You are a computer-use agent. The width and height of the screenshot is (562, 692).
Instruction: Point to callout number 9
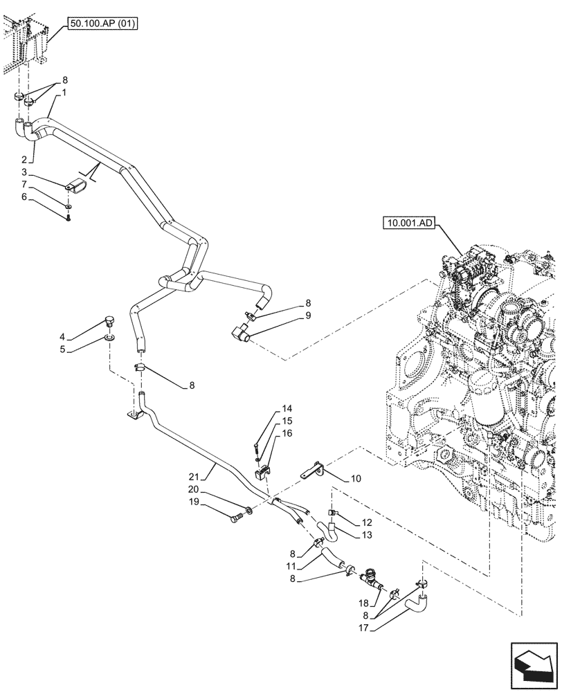tap(308, 315)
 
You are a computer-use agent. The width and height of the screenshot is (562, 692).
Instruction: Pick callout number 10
tap(356, 477)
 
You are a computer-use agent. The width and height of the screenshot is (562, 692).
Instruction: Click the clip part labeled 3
tap(77, 186)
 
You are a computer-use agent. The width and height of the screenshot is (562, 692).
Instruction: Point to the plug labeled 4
tap(108, 320)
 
